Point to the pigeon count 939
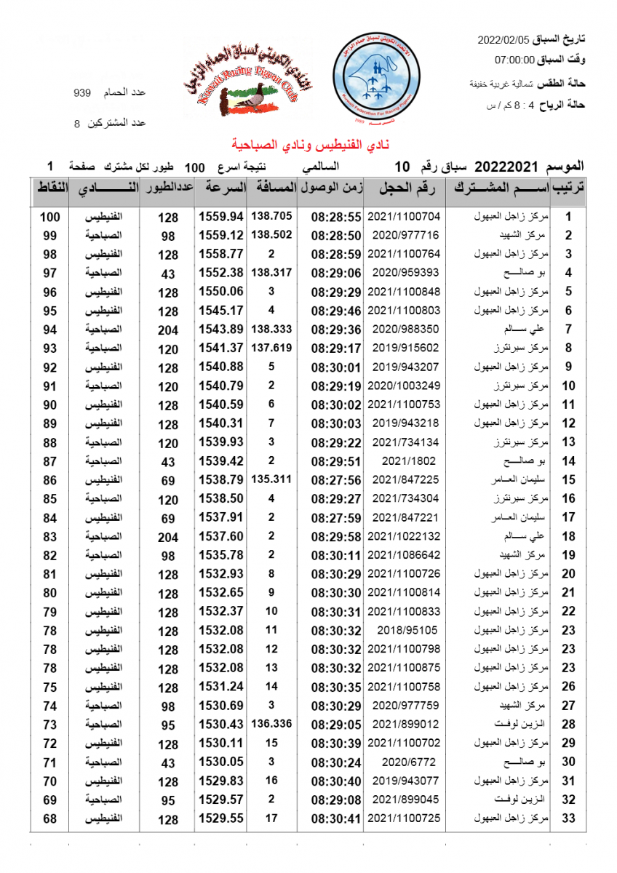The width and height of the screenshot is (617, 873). pyautogui.click(x=82, y=93)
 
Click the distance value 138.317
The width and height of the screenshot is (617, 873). pyautogui.click(x=271, y=273)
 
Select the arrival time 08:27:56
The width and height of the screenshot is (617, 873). pyautogui.click(x=336, y=480)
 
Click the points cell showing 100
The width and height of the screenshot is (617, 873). pyautogui.click(x=49, y=217)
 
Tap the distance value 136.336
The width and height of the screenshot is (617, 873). pyautogui.click(x=271, y=724)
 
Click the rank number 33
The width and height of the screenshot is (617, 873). pyautogui.click(x=569, y=819)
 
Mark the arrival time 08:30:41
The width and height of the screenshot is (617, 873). pyautogui.click(x=336, y=819)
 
